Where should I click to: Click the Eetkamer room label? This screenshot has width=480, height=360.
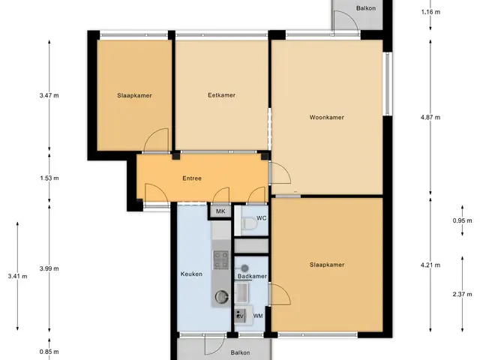click(222, 95)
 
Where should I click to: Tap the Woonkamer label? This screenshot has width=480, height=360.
click(327, 117)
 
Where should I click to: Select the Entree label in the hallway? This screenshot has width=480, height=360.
click(192, 178)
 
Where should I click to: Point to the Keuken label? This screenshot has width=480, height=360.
click(191, 274)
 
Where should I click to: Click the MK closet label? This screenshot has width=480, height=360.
click(220, 211)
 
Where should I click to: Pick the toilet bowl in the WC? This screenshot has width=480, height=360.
click(248, 223)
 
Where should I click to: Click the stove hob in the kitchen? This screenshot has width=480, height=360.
click(221, 260)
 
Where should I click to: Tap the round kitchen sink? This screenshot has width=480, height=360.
click(222, 296)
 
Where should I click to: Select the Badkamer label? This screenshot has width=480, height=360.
click(252, 276)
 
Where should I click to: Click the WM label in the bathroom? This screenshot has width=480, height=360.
click(258, 316)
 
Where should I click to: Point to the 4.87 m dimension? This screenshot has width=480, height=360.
click(430, 117)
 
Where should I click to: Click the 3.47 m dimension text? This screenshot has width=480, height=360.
click(49, 95)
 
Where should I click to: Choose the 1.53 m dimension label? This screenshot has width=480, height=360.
click(49, 178)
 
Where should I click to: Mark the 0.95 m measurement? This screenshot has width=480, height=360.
click(462, 220)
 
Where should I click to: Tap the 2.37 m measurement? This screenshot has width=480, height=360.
click(462, 295)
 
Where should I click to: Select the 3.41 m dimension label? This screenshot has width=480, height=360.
click(17, 277)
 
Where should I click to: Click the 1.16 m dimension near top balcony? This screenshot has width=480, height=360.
click(430, 12)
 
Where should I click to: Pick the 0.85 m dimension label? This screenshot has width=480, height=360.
click(49, 352)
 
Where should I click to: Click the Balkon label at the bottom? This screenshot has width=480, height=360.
click(240, 352)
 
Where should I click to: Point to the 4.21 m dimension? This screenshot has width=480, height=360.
click(430, 265)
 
